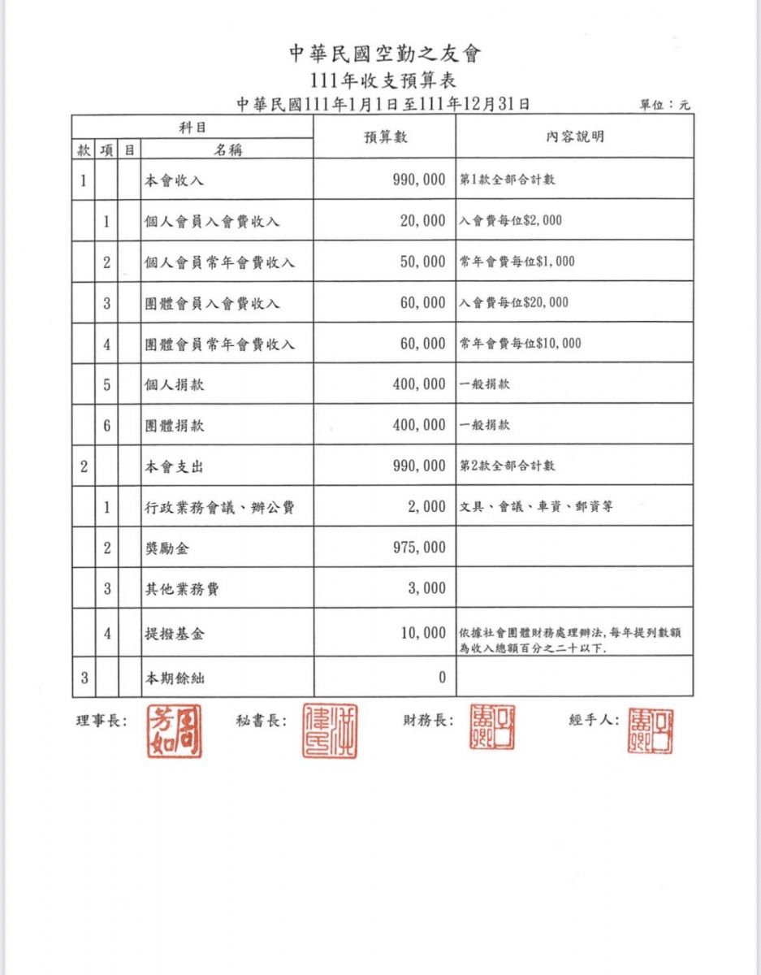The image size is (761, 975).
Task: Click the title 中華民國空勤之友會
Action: (x=385, y=54)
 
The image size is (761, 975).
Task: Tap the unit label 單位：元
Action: (x=665, y=105)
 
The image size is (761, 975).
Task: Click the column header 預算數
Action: (x=385, y=136)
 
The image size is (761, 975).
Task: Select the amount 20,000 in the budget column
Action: (x=422, y=220)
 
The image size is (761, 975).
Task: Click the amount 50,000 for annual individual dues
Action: (x=422, y=262)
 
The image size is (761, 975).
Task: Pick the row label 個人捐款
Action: (x=174, y=384)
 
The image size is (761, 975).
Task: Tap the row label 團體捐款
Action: (x=174, y=425)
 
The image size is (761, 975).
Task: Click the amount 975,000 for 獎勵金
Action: (x=419, y=548)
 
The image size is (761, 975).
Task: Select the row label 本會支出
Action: (x=174, y=466)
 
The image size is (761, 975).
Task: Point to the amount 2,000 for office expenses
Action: (x=427, y=507)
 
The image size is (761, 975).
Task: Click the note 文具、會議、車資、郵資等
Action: (x=536, y=507)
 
